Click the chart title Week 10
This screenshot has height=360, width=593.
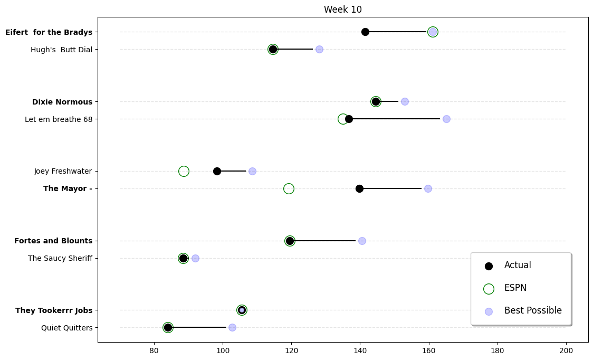click(342, 10)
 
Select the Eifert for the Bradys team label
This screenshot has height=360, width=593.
click(49, 32)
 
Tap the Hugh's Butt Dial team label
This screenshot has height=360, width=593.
click(61, 50)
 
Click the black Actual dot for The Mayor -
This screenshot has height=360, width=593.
click(359, 188)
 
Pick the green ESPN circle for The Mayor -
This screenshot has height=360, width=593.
click(289, 188)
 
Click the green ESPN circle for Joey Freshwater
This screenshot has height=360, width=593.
click(184, 171)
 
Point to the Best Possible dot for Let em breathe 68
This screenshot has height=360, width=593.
click(446, 119)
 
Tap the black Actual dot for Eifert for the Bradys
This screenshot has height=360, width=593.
click(365, 32)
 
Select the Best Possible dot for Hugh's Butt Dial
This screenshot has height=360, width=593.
click(319, 50)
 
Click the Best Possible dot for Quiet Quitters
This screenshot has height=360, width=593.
click(232, 327)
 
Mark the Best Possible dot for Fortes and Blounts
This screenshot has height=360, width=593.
click(362, 241)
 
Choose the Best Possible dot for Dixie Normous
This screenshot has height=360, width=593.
click(405, 101)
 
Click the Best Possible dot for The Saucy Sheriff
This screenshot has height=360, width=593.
click(195, 258)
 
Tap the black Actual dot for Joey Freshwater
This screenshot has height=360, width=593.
click(217, 171)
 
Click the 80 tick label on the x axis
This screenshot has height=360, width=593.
click(154, 349)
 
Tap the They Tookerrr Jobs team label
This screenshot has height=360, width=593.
click(54, 310)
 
